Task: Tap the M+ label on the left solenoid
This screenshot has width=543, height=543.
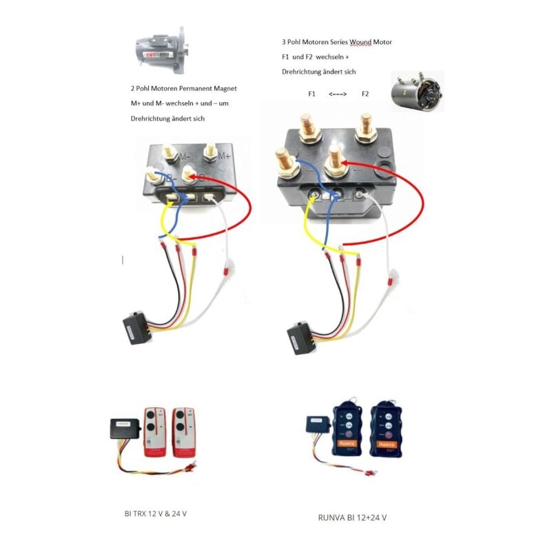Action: click(224, 156)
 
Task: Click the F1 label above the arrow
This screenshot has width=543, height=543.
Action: click(311, 94)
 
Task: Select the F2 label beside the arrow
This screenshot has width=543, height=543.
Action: click(365, 94)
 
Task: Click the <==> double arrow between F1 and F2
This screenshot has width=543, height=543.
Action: click(338, 94)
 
